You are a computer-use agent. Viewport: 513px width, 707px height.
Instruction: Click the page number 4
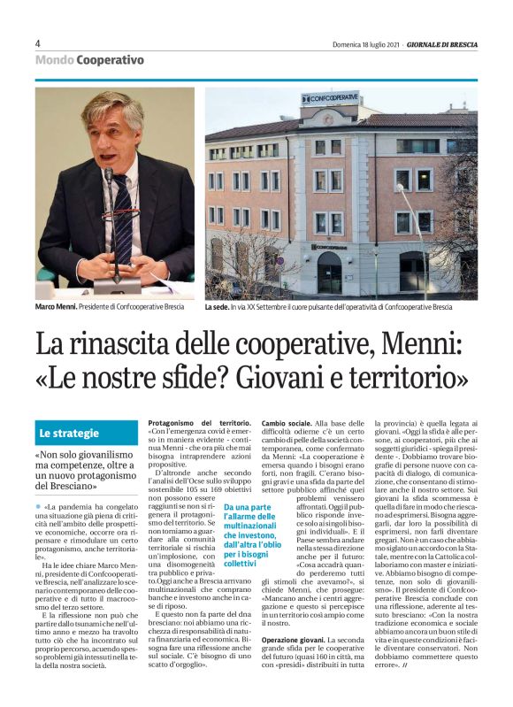pos(38,43)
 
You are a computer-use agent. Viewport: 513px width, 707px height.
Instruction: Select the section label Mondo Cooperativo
pos(89,60)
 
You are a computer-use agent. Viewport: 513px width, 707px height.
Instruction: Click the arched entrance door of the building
pos(329,273)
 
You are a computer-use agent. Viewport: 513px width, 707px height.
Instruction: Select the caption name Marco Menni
pos(56,307)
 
